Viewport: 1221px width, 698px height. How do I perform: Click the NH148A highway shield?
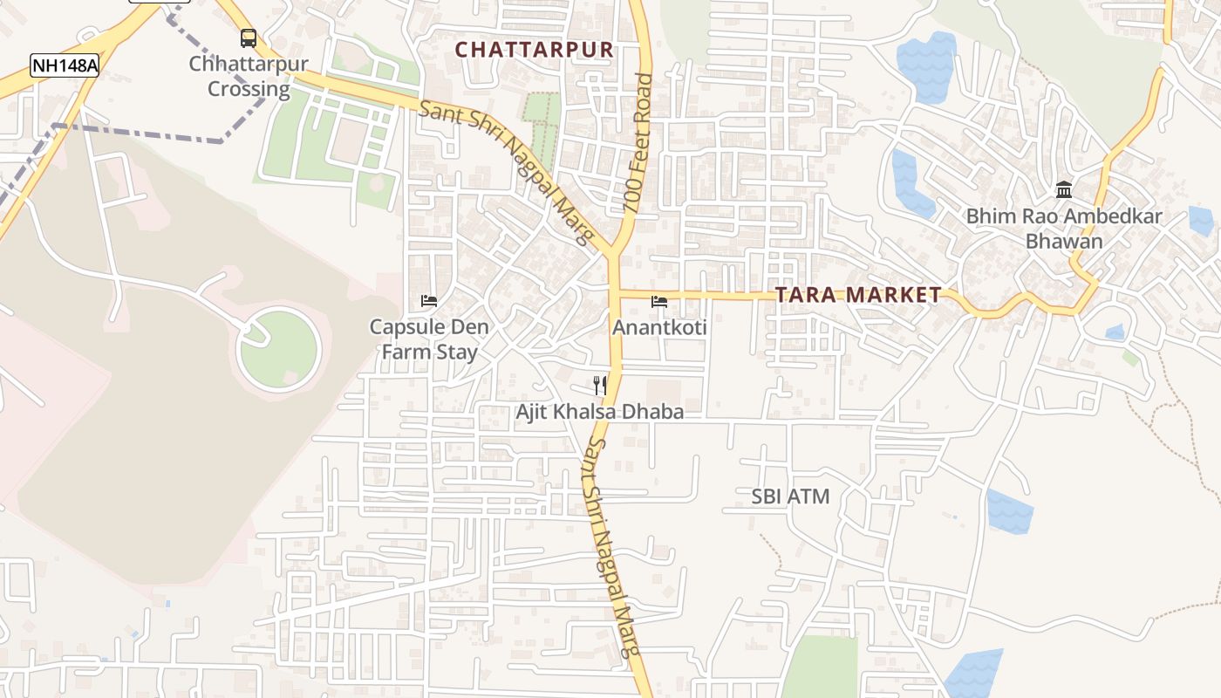tap(65, 65)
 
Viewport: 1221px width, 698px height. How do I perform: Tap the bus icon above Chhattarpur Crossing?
tap(249, 38)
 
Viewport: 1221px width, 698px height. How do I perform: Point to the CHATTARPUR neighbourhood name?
tap(535, 50)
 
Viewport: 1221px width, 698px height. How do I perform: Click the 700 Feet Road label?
tap(638, 145)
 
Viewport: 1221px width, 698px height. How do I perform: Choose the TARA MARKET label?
tap(858, 295)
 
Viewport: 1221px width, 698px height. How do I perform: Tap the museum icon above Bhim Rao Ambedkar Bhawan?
tap(1064, 189)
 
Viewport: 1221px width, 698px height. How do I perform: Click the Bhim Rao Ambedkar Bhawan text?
tap(1064, 229)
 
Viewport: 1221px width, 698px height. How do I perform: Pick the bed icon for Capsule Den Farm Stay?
tap(429, 301)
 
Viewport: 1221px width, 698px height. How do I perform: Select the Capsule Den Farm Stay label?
tap(429, 339)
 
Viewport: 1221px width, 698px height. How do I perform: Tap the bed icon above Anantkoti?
tap(659, 302)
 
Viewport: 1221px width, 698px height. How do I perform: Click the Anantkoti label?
tap(659, 328)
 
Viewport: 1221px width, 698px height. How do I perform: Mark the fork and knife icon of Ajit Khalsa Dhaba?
tap(600, 385)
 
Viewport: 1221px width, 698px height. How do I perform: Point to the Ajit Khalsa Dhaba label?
tap(600, 412)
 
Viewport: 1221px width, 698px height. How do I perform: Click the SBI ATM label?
tap(790, 496)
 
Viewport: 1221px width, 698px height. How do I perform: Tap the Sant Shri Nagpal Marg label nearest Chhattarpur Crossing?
tap(506, 173)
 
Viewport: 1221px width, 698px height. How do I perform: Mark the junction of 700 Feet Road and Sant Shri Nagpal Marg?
tap(614, 255)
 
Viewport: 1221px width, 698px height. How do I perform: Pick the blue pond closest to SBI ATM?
tap(1010, 512)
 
